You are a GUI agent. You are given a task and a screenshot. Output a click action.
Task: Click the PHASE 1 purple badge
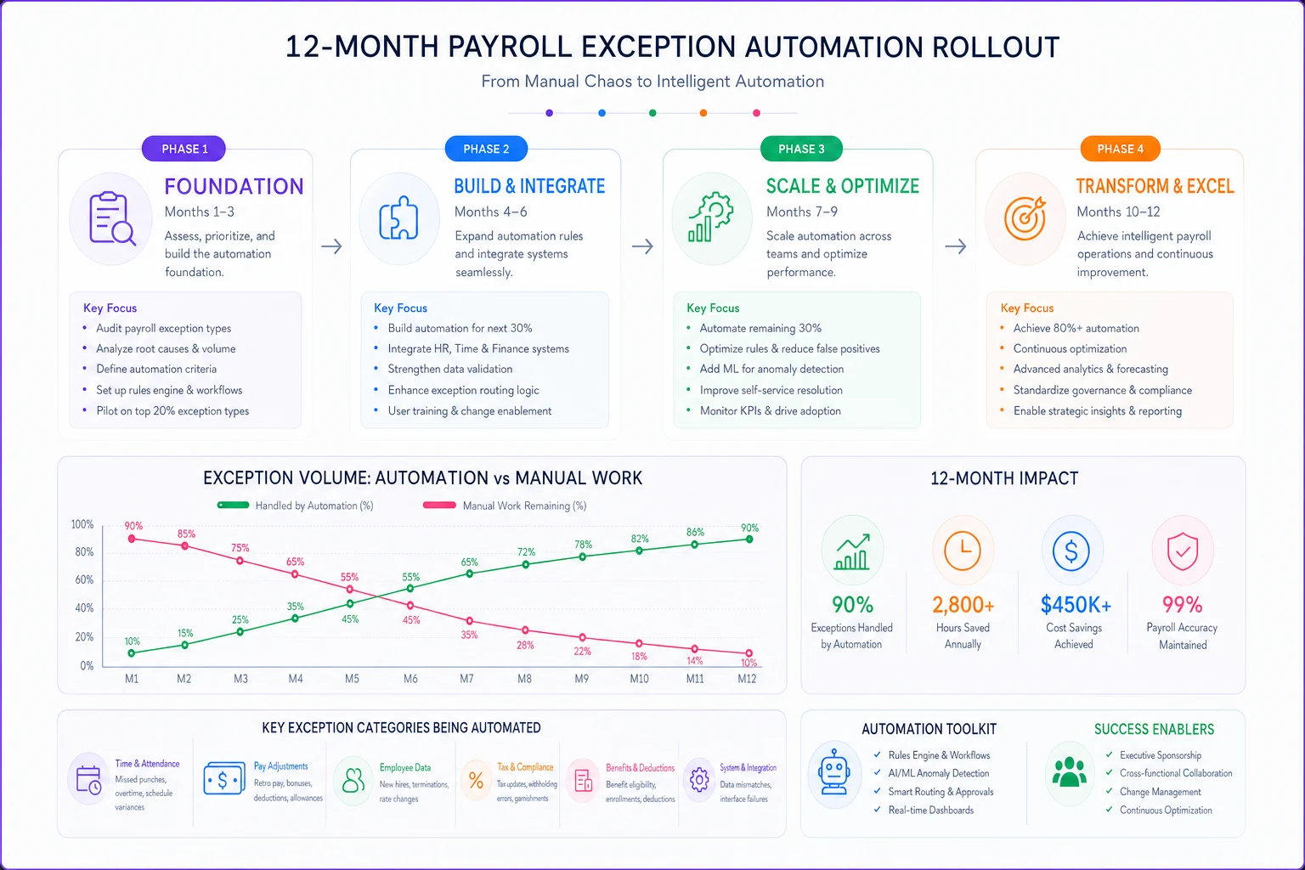pyautogui.click(x=184, y=149)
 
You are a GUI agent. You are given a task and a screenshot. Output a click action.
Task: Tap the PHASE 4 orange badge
pyautogui.click(x=1120, y=149)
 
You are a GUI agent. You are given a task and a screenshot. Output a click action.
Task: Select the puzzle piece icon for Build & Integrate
pyautogui.click(x=399, y=218)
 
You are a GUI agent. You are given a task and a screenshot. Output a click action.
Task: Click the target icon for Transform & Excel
pyautogui.click(x=1025, y=218)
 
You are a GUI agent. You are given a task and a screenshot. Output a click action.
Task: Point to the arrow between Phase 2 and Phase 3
pyautogui.click(x=642, y=246)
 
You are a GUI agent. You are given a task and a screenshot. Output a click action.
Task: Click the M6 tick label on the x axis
pyautogui.click(x=410, y=679)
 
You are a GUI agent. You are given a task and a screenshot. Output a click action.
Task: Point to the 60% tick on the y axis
pyautogui.click(x=84, y=579)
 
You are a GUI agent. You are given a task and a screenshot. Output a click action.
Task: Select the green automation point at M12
pyautogui.click(x=749, y=540)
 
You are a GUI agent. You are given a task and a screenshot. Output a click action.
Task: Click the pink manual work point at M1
pyautogui.click(x=132, y=539)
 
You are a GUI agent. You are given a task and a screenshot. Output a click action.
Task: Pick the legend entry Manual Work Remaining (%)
pyautogui.click(x=506, y=506)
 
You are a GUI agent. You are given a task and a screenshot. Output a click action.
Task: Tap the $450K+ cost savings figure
pyautogui.click(x=1076, y=605)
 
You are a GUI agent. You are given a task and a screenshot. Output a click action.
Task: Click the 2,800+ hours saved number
pyautogui.click(x=963, y=605)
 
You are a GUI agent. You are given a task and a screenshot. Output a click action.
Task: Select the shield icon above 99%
pyautogui.click(x=1182, y=551)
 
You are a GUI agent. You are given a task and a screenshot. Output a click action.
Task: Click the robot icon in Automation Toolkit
pyautogui.click(x=834, y=772)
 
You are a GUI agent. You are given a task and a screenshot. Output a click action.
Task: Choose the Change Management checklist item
pyautogui.click(x=1160, y=792)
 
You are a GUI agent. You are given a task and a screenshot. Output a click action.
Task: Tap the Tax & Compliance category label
pyautogui.click(x=525, y=767)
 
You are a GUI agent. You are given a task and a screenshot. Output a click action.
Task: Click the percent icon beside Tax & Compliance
pyautogui.click(x=476, y=780)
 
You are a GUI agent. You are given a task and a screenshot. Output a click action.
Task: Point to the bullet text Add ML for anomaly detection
pyautogui.click(x=771, y=369)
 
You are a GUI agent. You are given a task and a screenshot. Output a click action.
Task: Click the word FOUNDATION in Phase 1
pyautogui.click(x=234, y=186)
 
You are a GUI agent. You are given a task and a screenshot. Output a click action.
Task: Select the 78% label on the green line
pyautogui.click(x=583, y=545)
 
